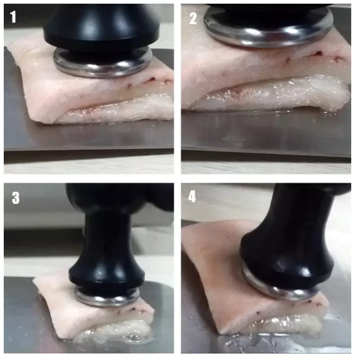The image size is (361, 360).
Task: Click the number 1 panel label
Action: (x=13, y=17)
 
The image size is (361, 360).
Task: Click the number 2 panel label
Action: (x=193, y=18)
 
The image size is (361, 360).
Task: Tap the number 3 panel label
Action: (x=15, y=198)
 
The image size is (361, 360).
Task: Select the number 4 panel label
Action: (x=192, y=196)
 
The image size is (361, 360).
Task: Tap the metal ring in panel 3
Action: (x=107, y=300)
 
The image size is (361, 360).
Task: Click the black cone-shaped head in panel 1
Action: (x=101, y=26)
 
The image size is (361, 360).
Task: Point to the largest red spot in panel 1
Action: (x=152, y=80)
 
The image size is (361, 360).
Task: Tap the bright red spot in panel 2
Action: (x=318, y=53)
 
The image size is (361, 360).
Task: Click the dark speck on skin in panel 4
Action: (x=257, y=313)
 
